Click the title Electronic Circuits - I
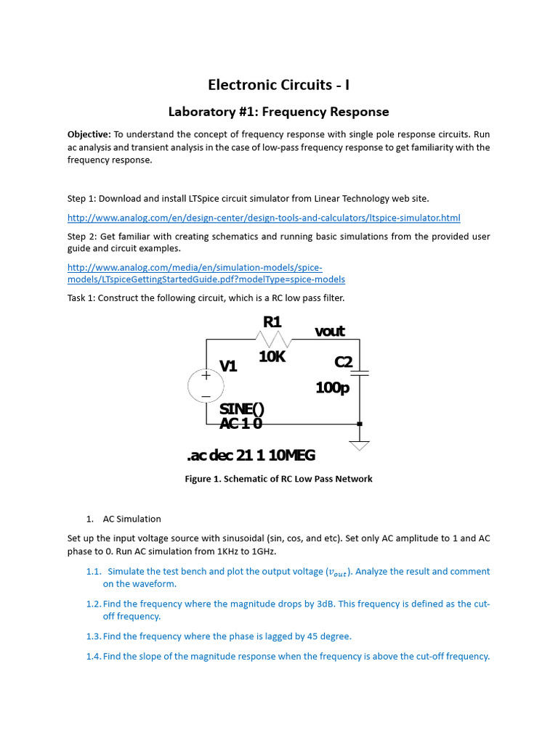pyautogui.click(x=279, y=85)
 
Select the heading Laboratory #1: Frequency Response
pyautogui.click(x=279, y=112)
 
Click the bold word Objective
pyautogui.click(x=89, y=135)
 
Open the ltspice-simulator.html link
pyautogui.click(x=264, y=218)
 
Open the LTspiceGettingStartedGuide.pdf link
pyautogui.click(x=206, y=279)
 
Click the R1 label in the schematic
pyautogui.click(x=272, y=321)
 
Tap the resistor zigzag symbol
pyautogui.click(x=274, y=339)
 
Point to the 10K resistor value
pyautogui.click(x=272, y=356)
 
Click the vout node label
pyautogui.click(x=329, y=332)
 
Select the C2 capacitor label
pyautogui.click(x=343, y=361)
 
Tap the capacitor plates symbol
pyautogui.click(x=360, y=373)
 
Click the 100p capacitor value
pyautogui.click(x=332, y=388)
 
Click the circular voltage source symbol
pyautogui.click(x=206, y=385)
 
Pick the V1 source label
pyautogui.click(x=229, y=366)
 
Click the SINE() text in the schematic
pyautogui.click(x=241, y=409)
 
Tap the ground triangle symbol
pyautogui.click(x=360, y=445)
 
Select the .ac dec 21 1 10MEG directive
pyautogui.click(x=251, y=456)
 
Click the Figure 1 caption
pyautogui.click(x=279, y=479)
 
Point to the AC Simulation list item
pyautogui.click(x=132, y=519)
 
